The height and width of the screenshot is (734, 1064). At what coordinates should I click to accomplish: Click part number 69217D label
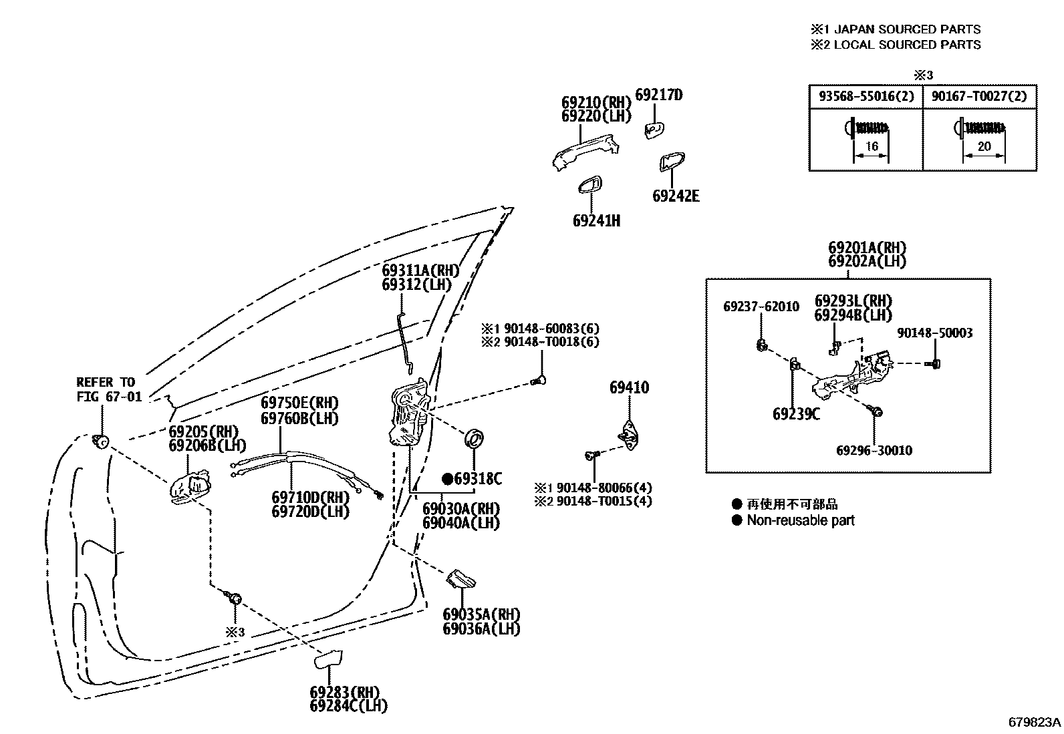pos(658,95)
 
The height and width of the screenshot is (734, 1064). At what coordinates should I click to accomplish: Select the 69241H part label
pos(596,220)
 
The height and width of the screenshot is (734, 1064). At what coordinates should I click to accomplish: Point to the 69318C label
pos(477,479)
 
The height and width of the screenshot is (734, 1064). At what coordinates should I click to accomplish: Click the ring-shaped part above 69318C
pos(475,439)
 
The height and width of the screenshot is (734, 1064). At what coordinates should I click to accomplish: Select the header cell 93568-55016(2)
pos(866,96)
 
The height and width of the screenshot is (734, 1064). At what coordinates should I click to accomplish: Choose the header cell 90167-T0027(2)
pos(980,96)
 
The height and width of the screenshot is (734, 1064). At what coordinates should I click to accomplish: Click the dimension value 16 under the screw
pos(872,147)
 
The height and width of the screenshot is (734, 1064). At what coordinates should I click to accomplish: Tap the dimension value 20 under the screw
pos(984,147)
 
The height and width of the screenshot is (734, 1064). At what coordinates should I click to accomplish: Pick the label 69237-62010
pos(761,307)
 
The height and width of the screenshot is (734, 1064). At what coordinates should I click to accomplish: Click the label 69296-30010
pos(874,450)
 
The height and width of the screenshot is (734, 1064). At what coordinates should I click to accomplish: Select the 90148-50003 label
pos(934,333)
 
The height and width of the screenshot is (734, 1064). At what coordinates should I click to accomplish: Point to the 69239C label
pos(795,414)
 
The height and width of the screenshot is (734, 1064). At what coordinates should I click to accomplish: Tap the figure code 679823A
pos(1035,722)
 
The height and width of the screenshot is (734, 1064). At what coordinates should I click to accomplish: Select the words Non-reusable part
pos(800,520)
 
